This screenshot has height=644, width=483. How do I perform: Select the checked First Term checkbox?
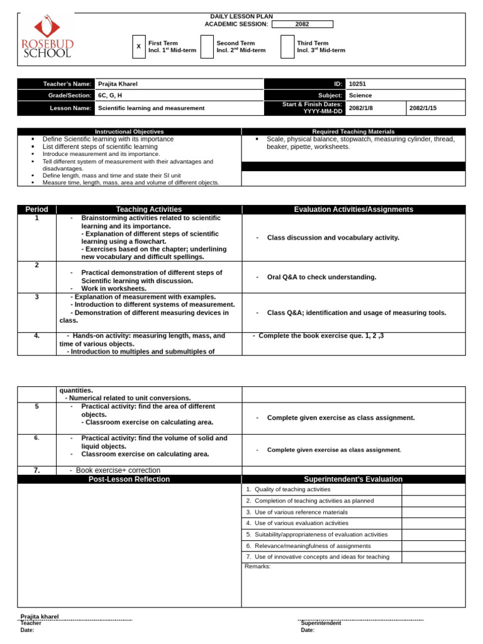139,47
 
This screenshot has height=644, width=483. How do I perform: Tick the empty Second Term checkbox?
207,47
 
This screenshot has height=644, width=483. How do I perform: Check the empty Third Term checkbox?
287,47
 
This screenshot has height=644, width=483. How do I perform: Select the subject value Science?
360,96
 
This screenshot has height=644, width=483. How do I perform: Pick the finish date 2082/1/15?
423,108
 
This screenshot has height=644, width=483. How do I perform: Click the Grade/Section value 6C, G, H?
110,96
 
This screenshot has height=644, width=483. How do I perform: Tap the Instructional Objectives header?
129,131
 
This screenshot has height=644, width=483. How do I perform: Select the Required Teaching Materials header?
353,131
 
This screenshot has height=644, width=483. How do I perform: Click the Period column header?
36,209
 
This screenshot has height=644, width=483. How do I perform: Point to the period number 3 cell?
36,297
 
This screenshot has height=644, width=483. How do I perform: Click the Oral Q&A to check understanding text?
321,277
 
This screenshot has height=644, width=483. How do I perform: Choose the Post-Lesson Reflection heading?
129,479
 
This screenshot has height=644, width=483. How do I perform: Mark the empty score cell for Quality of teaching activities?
433,489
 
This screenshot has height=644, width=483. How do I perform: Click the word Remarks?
257,566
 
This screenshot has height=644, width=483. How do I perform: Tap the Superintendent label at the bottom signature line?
321,623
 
